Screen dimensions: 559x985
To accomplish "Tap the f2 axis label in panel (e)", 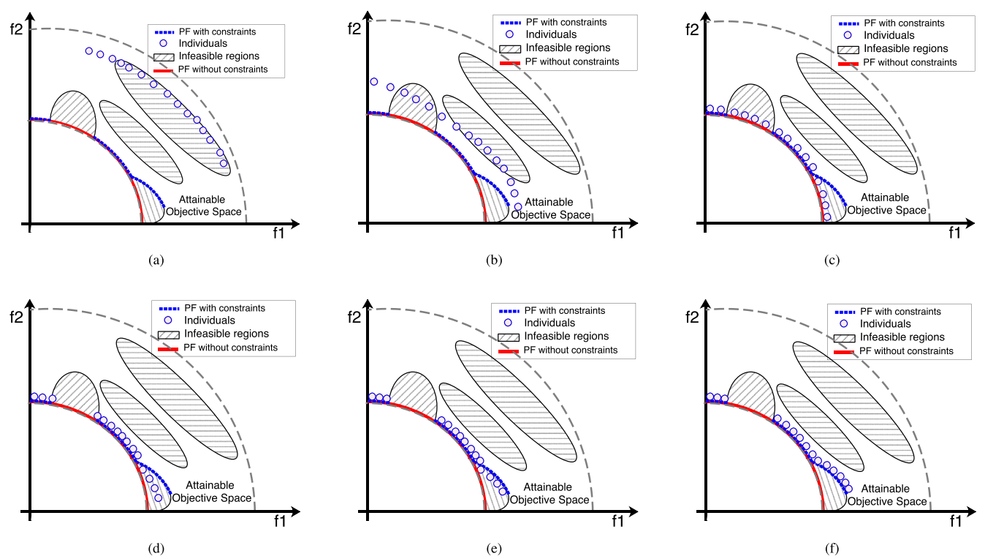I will (x=354, y=317).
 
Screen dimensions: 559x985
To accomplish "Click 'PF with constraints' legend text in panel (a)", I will (x=217, y=31).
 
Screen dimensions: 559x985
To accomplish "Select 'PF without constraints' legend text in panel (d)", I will (x=231, y=347).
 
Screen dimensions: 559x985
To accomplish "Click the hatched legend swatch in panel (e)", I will (x=508, y=337).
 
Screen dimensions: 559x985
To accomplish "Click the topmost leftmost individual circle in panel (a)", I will (x=89, y=50).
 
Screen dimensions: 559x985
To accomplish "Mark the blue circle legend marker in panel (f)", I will (x=845, y=323).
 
